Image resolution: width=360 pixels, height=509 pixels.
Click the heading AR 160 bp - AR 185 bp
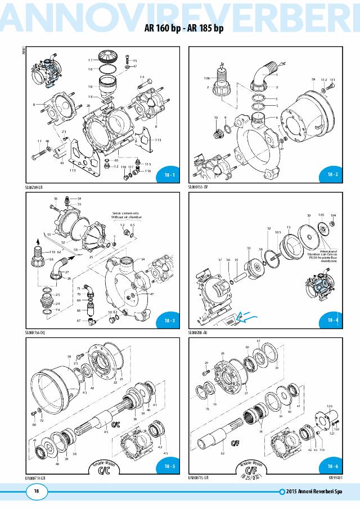180,29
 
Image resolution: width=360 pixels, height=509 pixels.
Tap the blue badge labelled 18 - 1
169,175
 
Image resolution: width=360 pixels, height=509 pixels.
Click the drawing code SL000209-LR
35,186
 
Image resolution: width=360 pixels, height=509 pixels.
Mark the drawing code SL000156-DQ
35,332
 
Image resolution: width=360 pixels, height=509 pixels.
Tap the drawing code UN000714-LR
35,478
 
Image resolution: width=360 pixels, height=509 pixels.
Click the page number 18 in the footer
36,492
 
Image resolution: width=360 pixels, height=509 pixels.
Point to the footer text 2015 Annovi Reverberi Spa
319,493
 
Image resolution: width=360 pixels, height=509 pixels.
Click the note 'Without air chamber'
125,217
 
